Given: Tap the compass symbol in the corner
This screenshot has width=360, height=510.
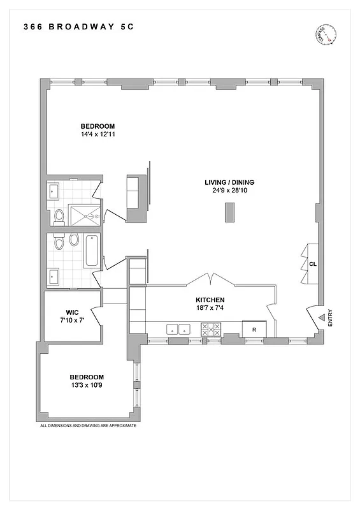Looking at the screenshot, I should (x=326, y=35).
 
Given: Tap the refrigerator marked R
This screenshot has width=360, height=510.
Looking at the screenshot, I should (x=254, y=329).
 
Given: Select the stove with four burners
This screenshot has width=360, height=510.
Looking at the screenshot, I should (x=211, y=329).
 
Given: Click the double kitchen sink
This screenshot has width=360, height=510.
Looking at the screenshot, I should (x=179, y=329).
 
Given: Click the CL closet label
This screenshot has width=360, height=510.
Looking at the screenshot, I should (x=312, y=263).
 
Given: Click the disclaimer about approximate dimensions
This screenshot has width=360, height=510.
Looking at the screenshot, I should (x=88, y=425).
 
